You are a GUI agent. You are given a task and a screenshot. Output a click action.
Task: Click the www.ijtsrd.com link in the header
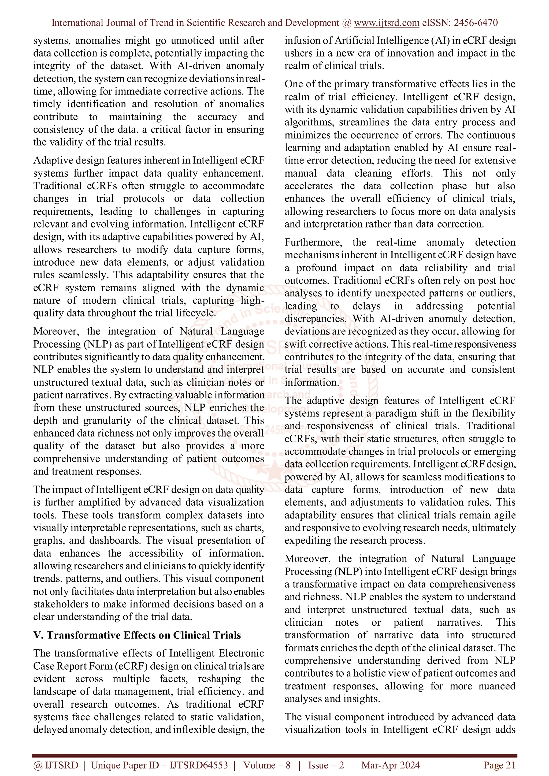coord(386,23)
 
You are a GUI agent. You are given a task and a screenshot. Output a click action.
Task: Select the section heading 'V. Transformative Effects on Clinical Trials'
coord(137,635)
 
